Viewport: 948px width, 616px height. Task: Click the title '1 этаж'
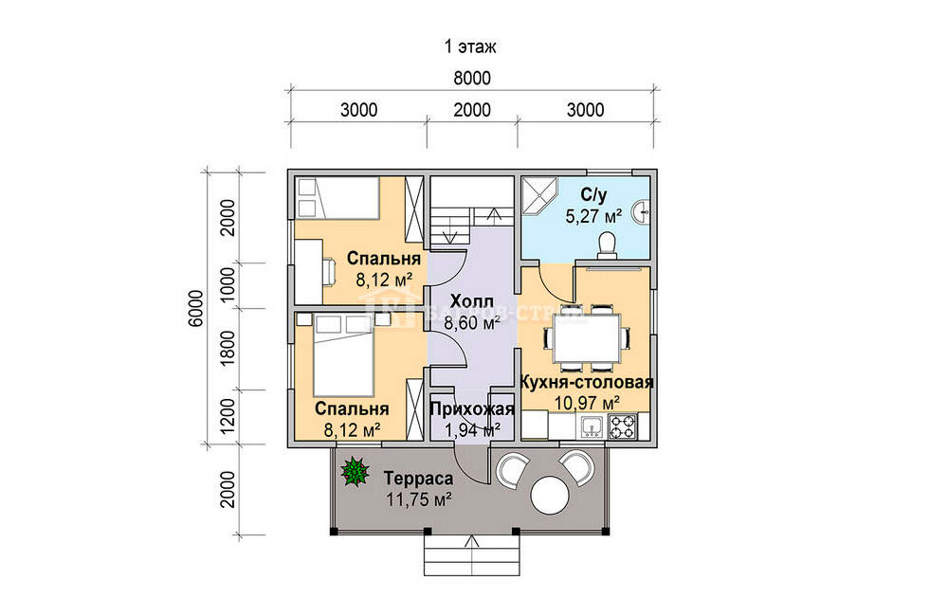click(470, 46)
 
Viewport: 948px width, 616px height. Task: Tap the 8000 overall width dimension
click(471, 78)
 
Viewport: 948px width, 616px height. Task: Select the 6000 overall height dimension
click(196, 308)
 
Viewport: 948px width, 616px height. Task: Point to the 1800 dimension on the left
click(228, 348)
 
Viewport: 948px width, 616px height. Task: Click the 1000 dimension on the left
click(228, 285)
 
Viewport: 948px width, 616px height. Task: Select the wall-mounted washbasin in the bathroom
click(642, 212)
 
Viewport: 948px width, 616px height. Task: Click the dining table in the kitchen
click(585, 336)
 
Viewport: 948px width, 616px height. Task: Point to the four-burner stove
click(622, 426)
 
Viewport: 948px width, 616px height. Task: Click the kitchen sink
click(592, 426)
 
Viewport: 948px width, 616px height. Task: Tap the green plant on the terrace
click(355, 472)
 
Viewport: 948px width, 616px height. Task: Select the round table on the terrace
click(550, 495)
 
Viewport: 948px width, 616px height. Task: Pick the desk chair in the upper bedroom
click(328, 271)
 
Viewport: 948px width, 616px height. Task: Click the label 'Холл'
click(472, 301)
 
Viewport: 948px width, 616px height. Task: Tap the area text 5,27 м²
click(593, 216)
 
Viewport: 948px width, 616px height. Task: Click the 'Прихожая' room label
click(472, 409)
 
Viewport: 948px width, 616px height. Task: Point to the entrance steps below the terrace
click(471, 555)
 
